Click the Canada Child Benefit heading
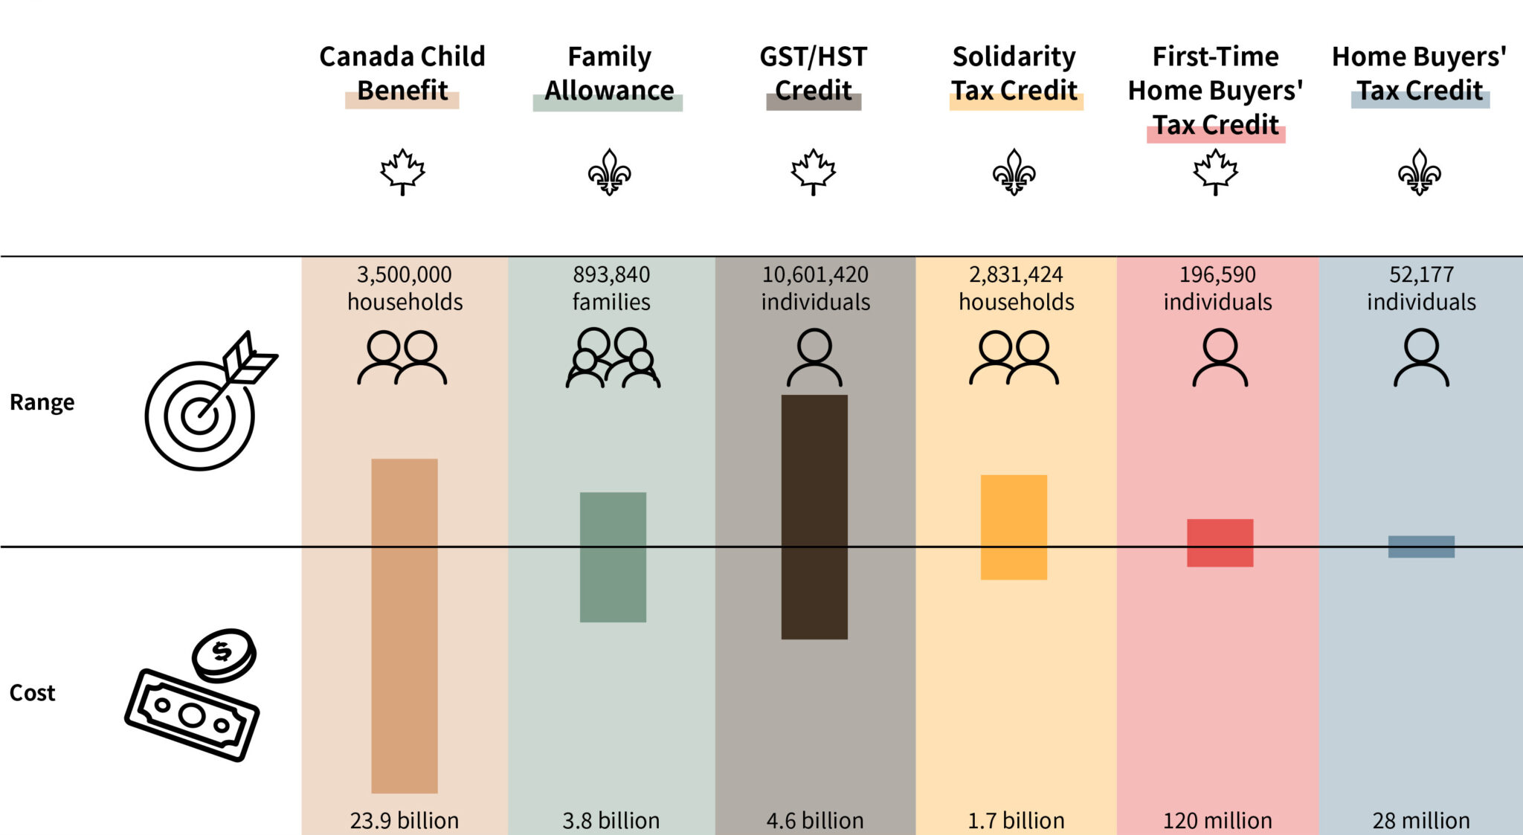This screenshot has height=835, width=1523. point(402,73)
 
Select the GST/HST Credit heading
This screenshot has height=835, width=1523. point(814,73)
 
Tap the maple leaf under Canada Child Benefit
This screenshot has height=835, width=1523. point(402,172)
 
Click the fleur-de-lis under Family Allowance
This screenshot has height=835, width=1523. point(609,172)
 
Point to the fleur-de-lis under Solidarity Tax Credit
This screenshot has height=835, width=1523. point(1014,172)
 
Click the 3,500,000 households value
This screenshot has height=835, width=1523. point(405,288)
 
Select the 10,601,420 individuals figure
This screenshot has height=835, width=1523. point(815,288)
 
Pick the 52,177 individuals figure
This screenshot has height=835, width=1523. point(1421,288)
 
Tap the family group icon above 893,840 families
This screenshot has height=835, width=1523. point(612,358)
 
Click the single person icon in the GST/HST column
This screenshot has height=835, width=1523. point(814,358)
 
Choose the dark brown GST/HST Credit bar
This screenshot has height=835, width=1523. point(814,517)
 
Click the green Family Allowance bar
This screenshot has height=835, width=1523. point(613,557)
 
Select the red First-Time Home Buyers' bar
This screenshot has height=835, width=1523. point(1220,543)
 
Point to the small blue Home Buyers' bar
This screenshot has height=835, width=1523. point(1421,547)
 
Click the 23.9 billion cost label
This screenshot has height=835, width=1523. point(405,820)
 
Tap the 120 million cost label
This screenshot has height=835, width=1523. point(1217,820)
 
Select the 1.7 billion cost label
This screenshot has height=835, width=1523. point(1016,820)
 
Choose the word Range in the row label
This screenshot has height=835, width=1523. point(42,402)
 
